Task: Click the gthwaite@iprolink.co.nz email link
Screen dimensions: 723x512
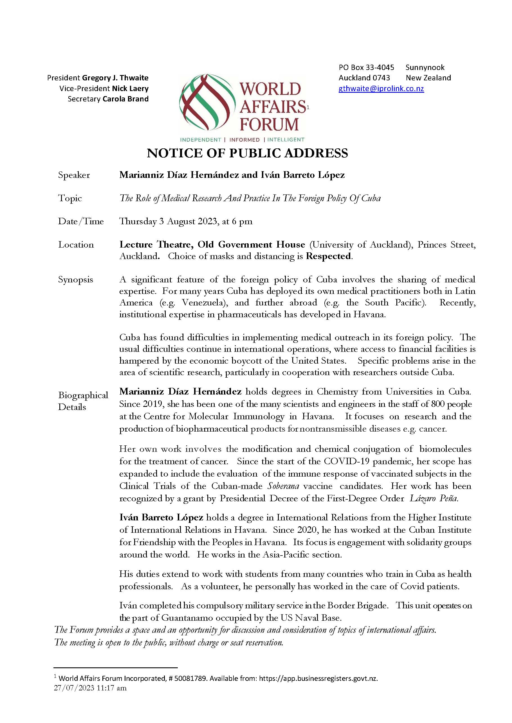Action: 381,89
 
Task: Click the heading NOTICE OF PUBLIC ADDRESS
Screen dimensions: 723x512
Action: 247,153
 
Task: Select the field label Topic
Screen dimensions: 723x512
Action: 70,198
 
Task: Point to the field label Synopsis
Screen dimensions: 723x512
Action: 75,280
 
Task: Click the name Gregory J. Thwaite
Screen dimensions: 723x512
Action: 115,78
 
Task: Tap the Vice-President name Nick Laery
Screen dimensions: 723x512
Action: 130,89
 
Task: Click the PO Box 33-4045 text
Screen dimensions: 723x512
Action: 366,67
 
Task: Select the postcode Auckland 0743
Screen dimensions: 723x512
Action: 364,78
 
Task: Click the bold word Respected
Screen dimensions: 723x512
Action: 328,256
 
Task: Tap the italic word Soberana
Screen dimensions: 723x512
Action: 283,486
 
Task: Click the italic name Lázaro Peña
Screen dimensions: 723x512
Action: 434,498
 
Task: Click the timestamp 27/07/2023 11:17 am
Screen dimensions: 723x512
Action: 90,688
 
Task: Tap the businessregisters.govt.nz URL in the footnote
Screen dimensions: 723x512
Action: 318,679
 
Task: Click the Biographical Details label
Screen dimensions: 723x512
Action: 83,401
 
